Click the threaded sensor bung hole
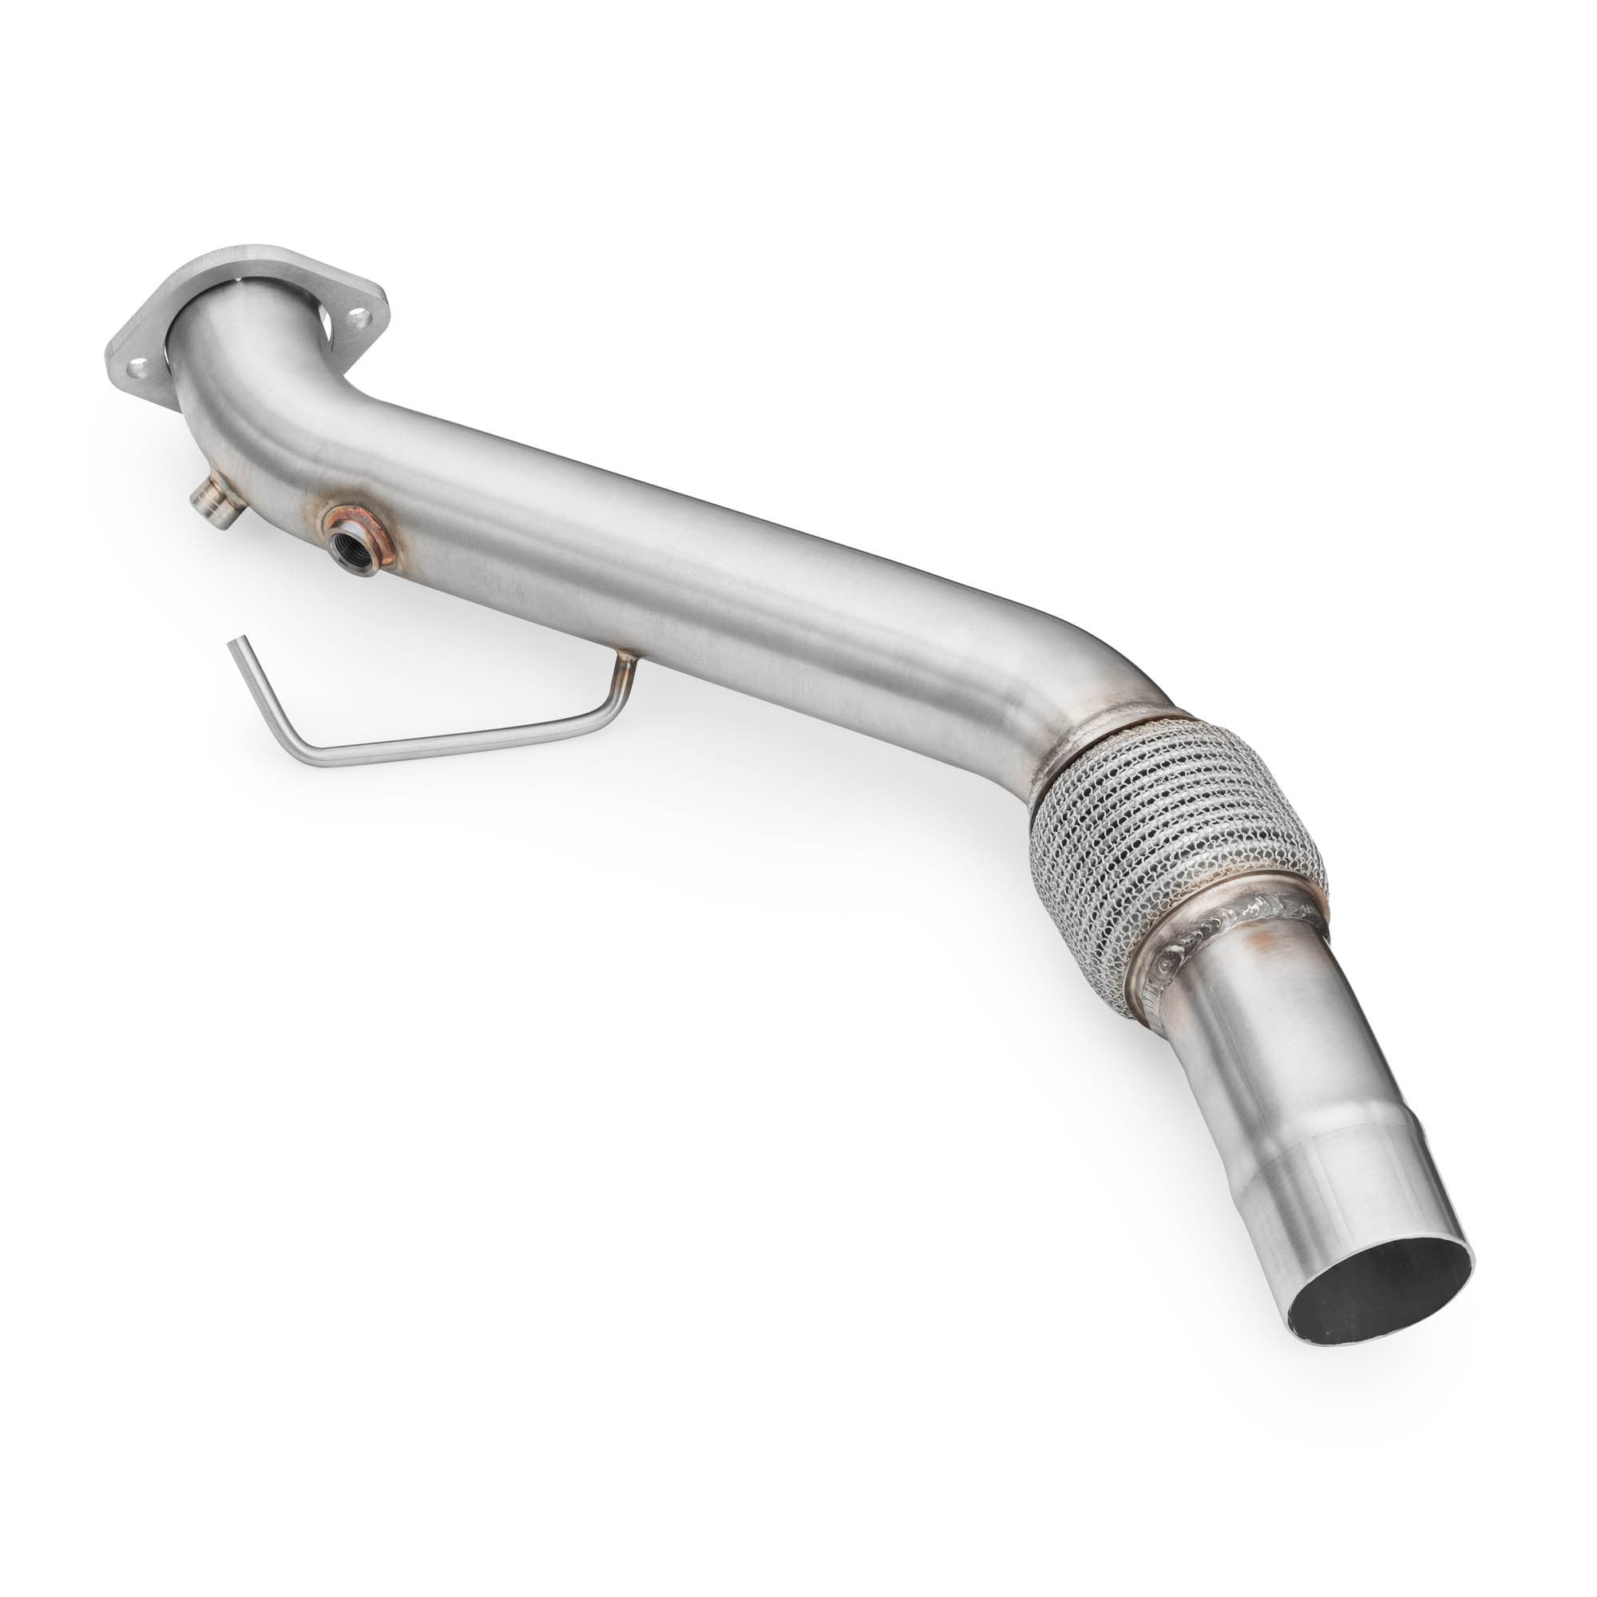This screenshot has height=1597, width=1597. (343, 545)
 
